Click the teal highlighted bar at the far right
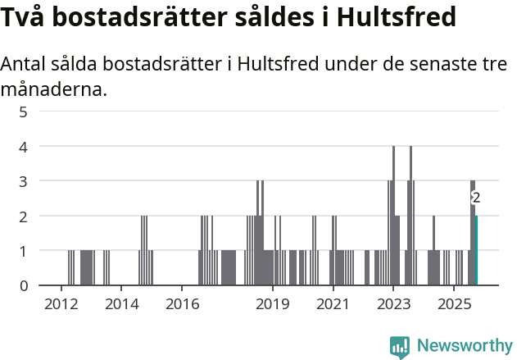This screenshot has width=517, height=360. (476, 250)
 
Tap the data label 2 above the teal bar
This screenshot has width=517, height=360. (476, 198)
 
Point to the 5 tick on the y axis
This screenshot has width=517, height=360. (23, 112)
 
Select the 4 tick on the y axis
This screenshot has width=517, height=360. (23, 147)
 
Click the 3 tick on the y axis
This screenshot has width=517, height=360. (23, 181)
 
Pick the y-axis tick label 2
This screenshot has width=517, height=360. (23, 216)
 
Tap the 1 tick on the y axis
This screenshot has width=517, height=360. (23, 251)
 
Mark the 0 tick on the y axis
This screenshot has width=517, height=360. (23, 286)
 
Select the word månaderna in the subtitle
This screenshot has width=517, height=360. (53, 89)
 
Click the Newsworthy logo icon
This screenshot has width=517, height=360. (400, 346)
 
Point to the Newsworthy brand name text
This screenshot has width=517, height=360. (464, 346)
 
